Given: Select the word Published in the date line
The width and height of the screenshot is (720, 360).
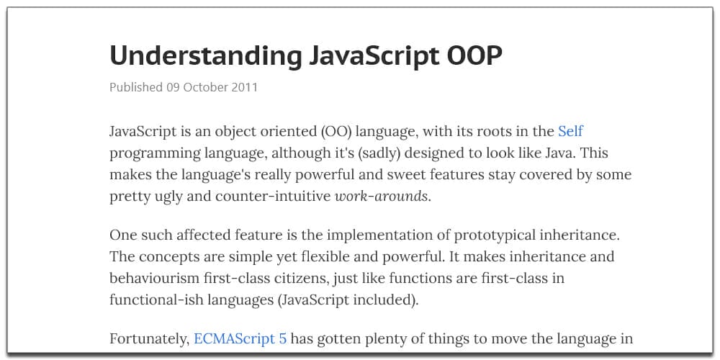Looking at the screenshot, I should [136, 87].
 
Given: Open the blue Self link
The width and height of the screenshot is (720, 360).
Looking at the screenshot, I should [570, 132].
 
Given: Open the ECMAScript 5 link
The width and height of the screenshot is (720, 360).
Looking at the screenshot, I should [240, 338].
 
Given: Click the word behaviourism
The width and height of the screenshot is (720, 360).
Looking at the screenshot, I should [157, 278].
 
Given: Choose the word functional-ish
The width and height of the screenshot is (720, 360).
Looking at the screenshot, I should [155, 300].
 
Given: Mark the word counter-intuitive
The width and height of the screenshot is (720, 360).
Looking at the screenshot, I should [265, 196].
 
